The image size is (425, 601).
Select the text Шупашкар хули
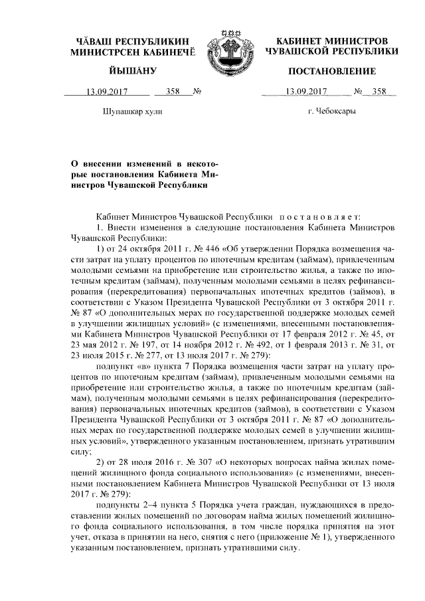click(133, 112)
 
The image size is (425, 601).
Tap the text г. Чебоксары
click(331, 112)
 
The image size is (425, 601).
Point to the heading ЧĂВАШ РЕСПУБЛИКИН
click(132, 41)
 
